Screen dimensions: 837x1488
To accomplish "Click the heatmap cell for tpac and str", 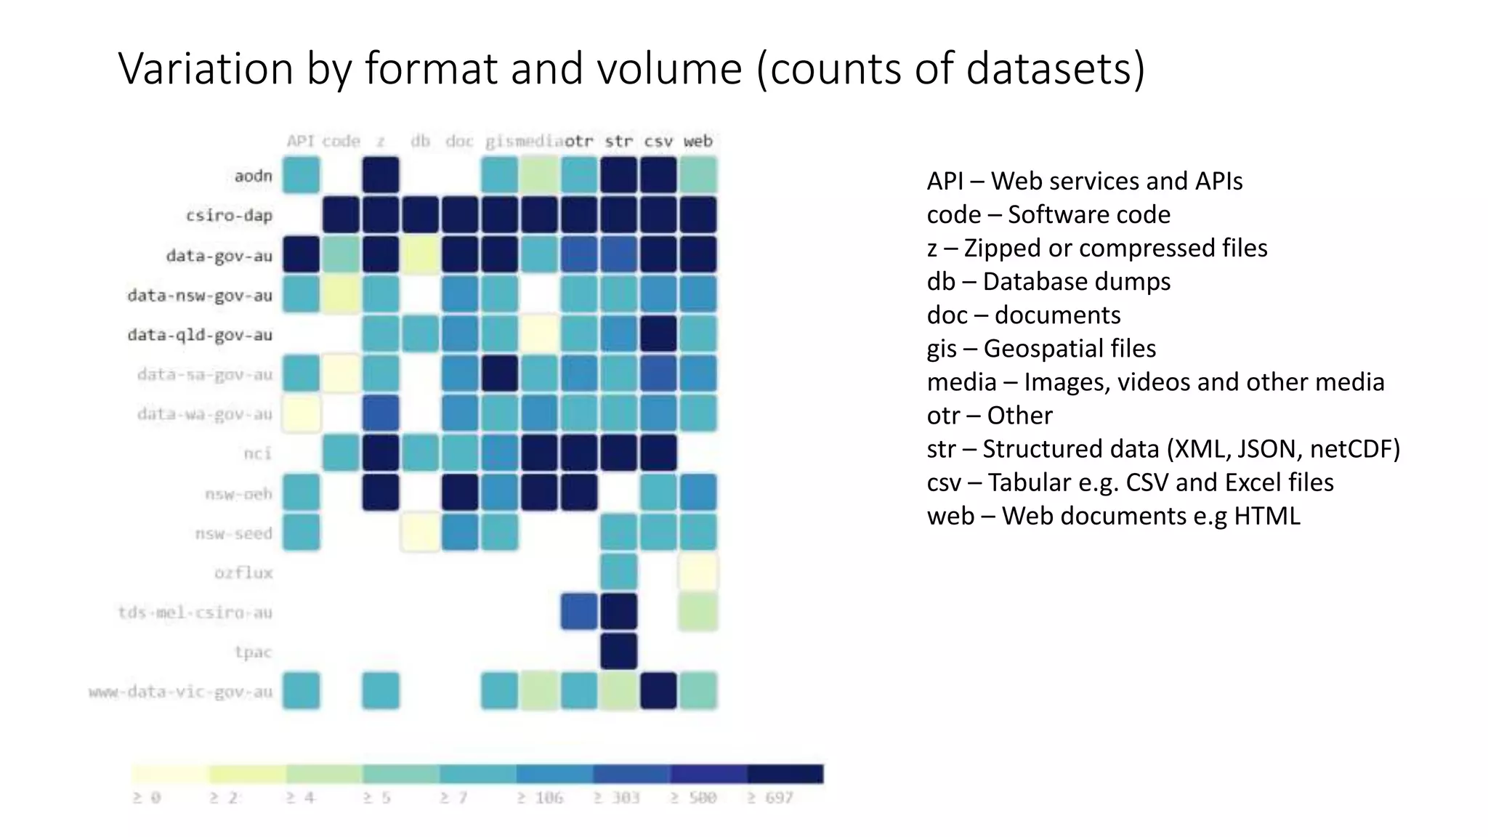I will [x=619, y=651].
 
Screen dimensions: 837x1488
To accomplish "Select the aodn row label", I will [x=253, y=176].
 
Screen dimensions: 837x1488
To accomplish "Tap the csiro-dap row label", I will [x=229, y=216].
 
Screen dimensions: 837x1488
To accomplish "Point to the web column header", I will [x=697, y=141].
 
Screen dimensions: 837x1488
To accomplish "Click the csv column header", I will [x=658, y=141].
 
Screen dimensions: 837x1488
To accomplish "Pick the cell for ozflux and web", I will [x=698, y=572].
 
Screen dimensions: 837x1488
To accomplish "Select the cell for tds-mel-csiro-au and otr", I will [x=579, y=612].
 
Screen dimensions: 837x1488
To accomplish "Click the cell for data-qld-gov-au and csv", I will [x=658, y=334].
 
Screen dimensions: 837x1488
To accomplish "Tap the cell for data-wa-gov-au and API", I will [x=301, y=413].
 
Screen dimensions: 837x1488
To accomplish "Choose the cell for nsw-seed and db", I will [x=420, y=533].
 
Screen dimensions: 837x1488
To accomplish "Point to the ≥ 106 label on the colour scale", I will [x=540, y=798].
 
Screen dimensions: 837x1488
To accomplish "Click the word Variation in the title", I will [x=206, y=68].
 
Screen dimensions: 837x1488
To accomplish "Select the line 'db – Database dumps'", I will [x=1048, y=281].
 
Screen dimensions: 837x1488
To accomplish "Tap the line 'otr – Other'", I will [x=989, y=415].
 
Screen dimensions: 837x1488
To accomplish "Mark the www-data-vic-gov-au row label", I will [x=180, y=692].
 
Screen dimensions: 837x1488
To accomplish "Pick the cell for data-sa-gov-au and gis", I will [x=500, y=373].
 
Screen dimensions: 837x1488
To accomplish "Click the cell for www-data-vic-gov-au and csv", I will [x=658, y=691].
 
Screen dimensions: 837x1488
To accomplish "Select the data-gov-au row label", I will [x=219, y=256].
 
